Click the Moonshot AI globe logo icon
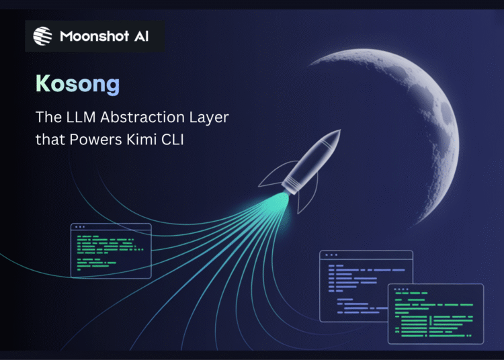click(43, 36)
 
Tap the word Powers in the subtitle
click(103, 140)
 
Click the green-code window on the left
click(111, 250)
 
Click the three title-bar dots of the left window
click(80, 228)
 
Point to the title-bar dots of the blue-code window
click(330, 256)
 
